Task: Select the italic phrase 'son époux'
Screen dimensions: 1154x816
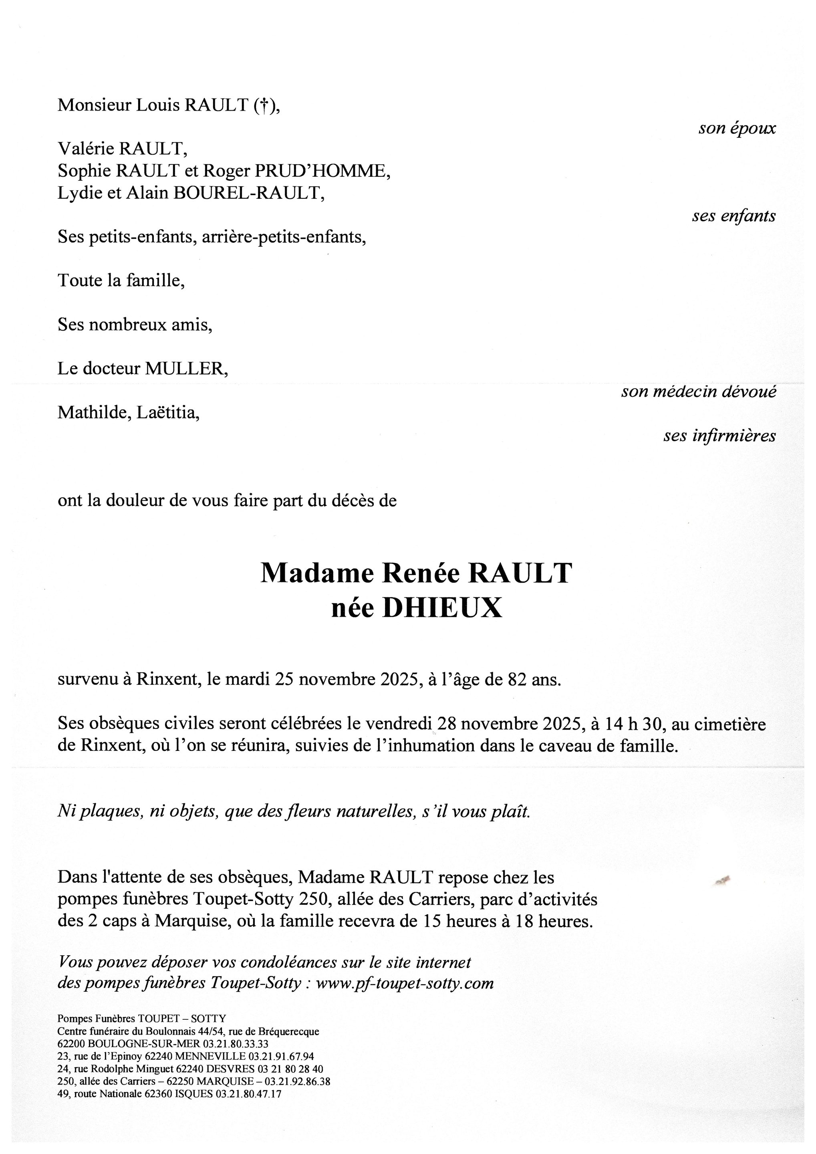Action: (x=737, y=128)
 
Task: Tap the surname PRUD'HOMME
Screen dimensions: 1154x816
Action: (x=322, y=171)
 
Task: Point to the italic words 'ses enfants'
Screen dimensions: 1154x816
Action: (x=733, y=216)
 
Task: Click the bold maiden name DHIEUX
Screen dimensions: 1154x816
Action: (x=442, y=608)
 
